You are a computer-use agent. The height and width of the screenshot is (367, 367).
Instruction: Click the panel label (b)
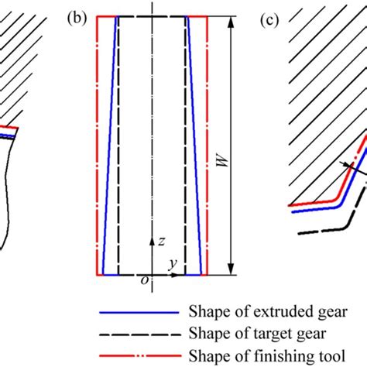tap(77, 22)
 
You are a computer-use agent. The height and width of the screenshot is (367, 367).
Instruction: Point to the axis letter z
tap(160, 242)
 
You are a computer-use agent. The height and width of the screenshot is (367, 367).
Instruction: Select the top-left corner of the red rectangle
tap(96, 16)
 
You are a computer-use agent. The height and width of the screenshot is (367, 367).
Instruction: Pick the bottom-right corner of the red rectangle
tap(210, 275)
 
